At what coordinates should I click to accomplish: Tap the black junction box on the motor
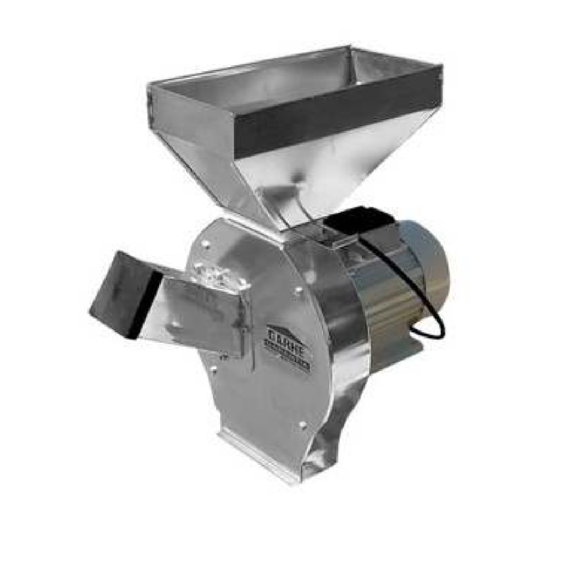(x=357, y=220)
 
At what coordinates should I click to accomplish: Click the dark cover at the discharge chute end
(x=118, y=294)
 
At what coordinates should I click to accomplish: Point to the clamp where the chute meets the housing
(x=220, y=275)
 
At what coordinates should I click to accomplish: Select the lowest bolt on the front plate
(x=302, y=424)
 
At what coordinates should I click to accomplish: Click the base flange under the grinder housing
(x=258, y=456)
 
